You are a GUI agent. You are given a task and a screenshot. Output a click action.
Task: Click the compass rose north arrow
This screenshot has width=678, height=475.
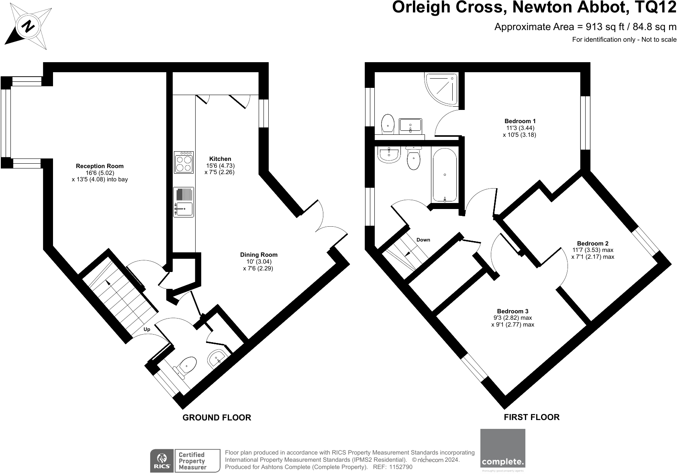(27, 26)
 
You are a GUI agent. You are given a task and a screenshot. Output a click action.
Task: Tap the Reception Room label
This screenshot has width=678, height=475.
(100, 166)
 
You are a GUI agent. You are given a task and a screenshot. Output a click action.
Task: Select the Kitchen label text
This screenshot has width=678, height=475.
(220, 159)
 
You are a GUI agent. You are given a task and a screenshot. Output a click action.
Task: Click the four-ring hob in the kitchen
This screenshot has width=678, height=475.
(184, 162)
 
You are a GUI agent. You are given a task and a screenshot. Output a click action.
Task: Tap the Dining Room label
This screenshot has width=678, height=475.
(259, 255)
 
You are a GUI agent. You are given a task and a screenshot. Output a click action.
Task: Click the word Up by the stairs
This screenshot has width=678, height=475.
(147, 329)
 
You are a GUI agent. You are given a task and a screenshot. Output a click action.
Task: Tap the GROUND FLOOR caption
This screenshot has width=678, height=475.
(217, 418)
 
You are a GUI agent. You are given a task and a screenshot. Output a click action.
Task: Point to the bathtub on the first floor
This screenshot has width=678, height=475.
(445, 175)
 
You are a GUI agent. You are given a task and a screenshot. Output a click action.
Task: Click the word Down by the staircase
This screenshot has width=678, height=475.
(423, 240)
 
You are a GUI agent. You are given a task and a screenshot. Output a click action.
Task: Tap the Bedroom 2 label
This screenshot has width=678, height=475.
(592, 244)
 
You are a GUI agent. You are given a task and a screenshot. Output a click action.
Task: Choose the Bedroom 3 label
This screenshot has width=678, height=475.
(513, 311)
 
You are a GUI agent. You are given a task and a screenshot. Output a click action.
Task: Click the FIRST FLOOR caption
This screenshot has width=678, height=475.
(531, 417)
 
